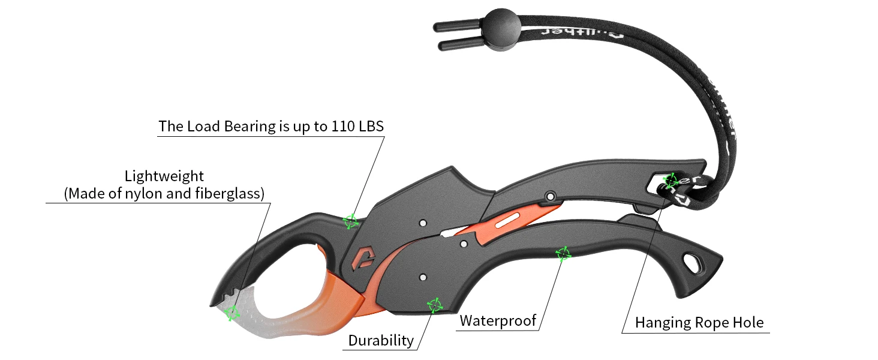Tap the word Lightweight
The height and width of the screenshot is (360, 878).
[164, 176]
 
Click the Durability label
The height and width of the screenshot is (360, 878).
[381, 341]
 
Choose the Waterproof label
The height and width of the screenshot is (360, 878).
[498, 320]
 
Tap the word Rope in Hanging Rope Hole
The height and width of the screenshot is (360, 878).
[713, 323]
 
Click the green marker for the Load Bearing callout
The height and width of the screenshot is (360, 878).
[350, 221]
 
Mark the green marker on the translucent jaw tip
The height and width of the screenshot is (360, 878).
[231, 313]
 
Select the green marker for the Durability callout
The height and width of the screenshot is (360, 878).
[434, 305]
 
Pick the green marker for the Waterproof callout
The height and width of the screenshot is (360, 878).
[563, 254]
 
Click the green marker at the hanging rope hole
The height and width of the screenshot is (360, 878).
[671, 179]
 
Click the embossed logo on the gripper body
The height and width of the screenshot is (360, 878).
[362, 257]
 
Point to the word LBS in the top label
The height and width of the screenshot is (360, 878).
[372, 127]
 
